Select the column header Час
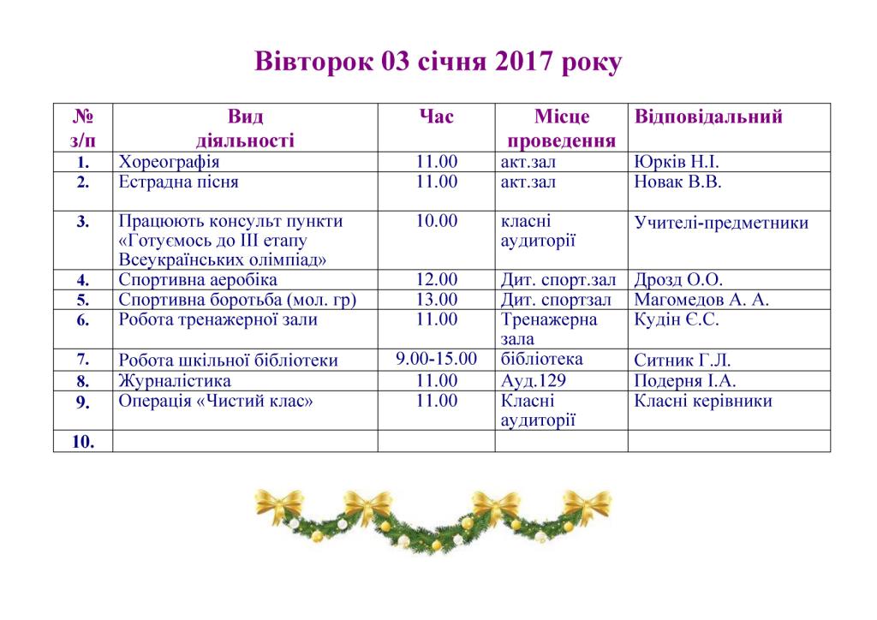(436, 116)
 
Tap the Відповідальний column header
(708, 116)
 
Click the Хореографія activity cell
(170, 162)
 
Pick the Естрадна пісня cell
(178, 182)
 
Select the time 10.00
(436, 222)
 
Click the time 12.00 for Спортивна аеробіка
(436, 280)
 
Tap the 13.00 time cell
(436, 300)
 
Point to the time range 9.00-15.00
(436, 360)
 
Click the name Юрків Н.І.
(677, 162)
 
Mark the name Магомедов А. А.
(701, 300)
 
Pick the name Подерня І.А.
(685, 381)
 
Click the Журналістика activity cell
(175, 381)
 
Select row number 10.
(83, 441)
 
